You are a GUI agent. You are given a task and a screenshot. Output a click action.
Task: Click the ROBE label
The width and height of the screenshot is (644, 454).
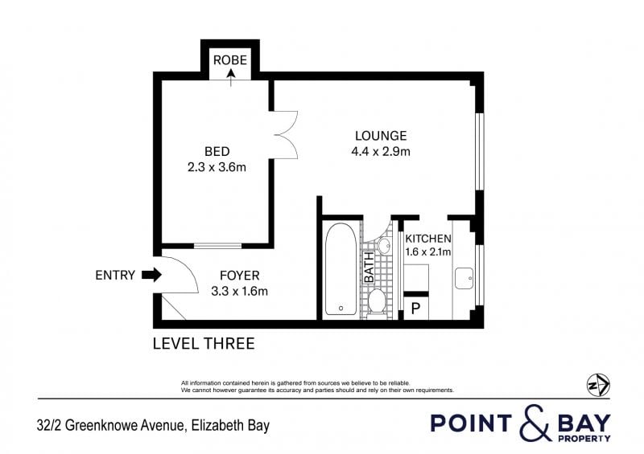[x=230, y=60]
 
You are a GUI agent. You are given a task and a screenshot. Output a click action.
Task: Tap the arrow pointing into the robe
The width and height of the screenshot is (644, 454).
[x=231, y=77]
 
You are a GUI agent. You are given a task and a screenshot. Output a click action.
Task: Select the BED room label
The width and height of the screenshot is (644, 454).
[x=217, y=152]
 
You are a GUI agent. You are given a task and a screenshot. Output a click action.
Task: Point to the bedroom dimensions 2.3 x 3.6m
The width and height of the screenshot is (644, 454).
[x=217, y=167]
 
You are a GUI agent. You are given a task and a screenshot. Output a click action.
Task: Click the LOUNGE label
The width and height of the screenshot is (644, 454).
[x=381, y=136]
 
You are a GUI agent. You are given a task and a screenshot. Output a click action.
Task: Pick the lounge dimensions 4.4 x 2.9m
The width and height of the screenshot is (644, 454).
[x=381, y=152]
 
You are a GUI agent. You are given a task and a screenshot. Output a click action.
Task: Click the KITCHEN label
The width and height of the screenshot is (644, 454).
[x=428, y=239]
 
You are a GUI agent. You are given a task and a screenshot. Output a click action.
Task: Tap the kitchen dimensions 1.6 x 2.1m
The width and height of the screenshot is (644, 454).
[x=428, y=252]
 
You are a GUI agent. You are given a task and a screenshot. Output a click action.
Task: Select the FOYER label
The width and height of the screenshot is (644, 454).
[x=239, y=276]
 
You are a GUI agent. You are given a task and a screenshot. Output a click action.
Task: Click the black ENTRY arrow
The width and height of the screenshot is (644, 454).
[x=151, y=275]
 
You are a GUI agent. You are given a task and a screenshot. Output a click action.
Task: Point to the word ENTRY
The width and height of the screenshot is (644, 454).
[x=115, y=275]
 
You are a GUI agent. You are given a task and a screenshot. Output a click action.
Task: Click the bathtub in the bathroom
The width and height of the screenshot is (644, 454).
[x=341, y=269]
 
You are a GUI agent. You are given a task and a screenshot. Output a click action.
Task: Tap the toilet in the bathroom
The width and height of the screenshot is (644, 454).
[x=376, y=302]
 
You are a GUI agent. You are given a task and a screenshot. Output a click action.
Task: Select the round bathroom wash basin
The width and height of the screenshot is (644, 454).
[x=385, y=246]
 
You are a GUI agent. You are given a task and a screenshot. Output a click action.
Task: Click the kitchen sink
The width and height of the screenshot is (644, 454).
[x=464, y=279]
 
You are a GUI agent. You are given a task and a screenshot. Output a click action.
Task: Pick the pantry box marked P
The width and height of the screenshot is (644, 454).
[x=415, y=308]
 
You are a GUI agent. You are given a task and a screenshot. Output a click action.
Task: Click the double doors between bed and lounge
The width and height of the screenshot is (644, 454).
[x=284, y=134]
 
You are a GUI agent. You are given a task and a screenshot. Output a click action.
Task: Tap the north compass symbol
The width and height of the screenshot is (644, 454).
[x=598, y=385]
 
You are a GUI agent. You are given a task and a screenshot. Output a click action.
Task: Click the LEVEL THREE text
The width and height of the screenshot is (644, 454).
[x=204, y=344]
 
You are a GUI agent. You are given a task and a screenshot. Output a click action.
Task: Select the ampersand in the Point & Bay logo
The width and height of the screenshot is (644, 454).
[x=535, y=423]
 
